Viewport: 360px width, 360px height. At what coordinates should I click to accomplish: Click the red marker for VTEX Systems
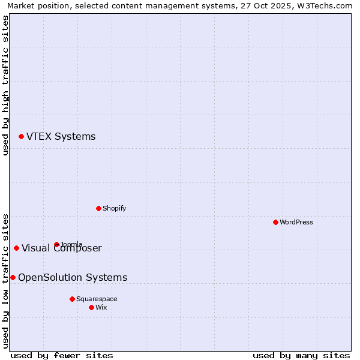click(21, 137)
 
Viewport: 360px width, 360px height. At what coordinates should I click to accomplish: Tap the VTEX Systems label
click(61, 137)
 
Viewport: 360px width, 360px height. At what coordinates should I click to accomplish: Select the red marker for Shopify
click(98, 208)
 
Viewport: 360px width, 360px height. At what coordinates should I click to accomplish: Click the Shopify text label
click(114, 208)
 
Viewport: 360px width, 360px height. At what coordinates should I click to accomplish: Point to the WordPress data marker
click(275, 222)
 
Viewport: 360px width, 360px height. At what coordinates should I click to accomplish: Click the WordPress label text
click(296, 222)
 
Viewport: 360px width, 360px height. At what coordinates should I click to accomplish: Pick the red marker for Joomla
click(56, 244)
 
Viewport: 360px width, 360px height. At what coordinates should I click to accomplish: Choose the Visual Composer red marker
click(16, 248)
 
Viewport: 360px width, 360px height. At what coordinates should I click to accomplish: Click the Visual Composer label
click(62, 248)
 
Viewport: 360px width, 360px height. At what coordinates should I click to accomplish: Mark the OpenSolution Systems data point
click(13, 277)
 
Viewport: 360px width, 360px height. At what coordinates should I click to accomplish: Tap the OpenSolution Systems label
click(73, 277)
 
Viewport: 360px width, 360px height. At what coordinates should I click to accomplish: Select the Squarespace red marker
click(72, 299)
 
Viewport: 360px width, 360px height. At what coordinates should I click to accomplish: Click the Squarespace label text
click(97, 299)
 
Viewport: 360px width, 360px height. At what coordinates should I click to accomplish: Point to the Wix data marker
click(91, 307)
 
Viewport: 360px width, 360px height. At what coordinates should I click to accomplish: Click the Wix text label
click(101, 307)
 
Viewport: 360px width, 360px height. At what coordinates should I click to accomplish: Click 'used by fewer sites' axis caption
click(62, 355)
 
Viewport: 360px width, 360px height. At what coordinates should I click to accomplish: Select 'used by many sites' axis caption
click(301, 355)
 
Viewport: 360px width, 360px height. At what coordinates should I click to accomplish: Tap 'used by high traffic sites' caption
click(5, 85)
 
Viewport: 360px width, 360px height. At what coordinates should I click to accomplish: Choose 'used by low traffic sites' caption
click(5, 280)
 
